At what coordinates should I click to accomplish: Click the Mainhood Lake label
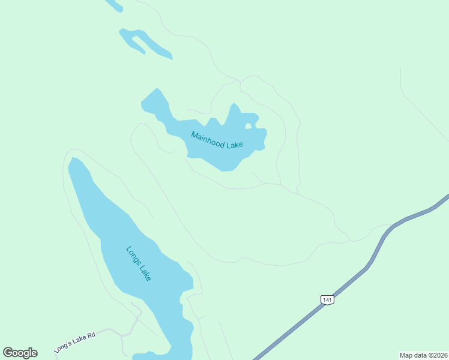point(216,141)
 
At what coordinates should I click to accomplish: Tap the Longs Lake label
point(139,263)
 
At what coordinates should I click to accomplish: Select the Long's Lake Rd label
point(74,341)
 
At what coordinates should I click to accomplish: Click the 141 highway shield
point(327,299)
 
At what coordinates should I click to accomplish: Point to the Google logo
point(20,353)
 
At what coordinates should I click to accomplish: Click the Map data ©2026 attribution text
point(424,355)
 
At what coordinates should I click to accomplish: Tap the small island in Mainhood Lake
point(248,126)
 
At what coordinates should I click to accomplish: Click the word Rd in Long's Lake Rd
point(91,336)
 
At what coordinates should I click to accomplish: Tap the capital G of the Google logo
point(8,353)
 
